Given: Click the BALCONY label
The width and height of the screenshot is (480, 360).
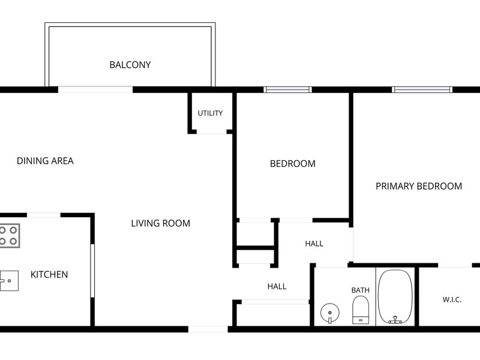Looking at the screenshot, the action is [x=130, y=65].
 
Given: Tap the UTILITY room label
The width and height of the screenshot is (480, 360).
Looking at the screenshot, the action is [x=211, y=113].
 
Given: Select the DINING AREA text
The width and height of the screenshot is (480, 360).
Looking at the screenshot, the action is [x=45, y=161].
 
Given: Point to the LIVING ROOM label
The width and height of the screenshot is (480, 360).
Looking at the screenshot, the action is [x=160, y=223].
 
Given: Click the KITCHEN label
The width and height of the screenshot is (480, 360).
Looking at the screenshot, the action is [x=49, y=275].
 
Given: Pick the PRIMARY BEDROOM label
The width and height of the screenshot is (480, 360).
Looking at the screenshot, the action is [x=419, y=187].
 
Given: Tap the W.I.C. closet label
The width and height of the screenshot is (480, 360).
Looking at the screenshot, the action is [x=452, y=299].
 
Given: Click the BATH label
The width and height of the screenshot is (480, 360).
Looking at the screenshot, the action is [x=361, y=290].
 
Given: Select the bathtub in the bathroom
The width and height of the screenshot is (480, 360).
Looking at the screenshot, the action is [x=395, y=296].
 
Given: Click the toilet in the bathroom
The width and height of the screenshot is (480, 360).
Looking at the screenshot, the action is [x=361, y=310].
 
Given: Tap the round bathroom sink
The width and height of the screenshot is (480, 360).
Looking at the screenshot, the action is [x=329, y=313].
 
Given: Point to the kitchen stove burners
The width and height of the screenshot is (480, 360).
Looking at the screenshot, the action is [x=8, y=235].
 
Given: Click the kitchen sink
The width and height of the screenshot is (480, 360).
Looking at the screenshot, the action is [x=8, y=281].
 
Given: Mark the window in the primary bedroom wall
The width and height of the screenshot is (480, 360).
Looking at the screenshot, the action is [x=422, y=89].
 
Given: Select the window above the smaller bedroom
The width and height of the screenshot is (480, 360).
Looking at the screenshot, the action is [x=288, y=89].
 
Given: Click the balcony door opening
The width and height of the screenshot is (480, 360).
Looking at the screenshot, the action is [x=95, y=89].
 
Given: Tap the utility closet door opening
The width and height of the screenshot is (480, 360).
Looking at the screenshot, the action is [x=212, y=132].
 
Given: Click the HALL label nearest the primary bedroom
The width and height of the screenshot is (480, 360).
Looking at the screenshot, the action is [x=314, y=244].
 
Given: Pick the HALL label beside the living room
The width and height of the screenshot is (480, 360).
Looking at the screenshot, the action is [x=277, y=287].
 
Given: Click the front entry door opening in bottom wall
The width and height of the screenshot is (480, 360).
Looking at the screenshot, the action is [x=208, y=329].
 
